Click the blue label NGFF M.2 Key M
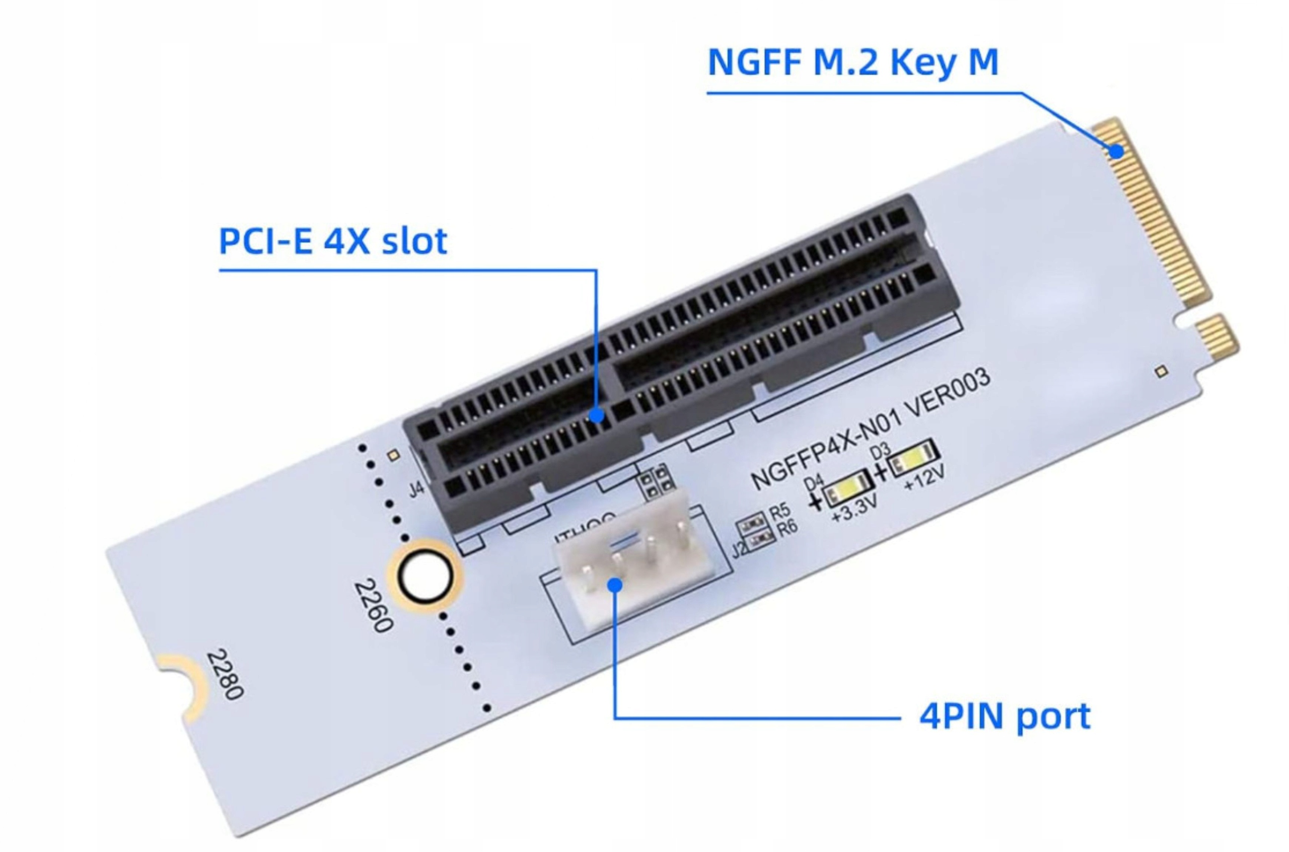pos(853,62)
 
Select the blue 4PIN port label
pos(1005,716)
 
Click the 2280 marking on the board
pos(225,674)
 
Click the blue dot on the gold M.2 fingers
pos(1116,151)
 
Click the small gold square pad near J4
pos(394,455)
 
